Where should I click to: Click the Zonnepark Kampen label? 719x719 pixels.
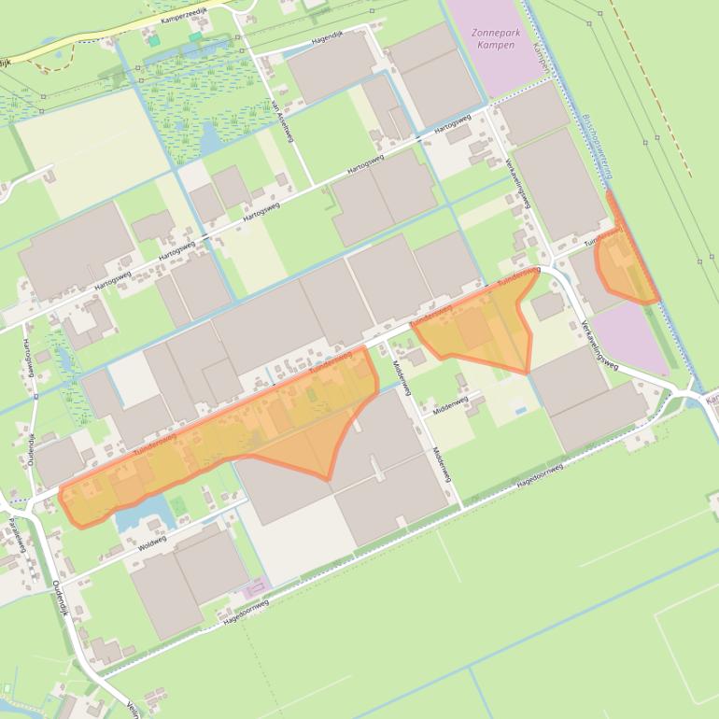click(495, 38)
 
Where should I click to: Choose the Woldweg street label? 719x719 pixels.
click(152, 542)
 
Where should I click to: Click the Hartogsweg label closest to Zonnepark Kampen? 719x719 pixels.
click(452, 122)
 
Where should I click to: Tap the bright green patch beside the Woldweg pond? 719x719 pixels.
click(177, 505)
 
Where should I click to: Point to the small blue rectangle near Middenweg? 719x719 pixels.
click(518, 410)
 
